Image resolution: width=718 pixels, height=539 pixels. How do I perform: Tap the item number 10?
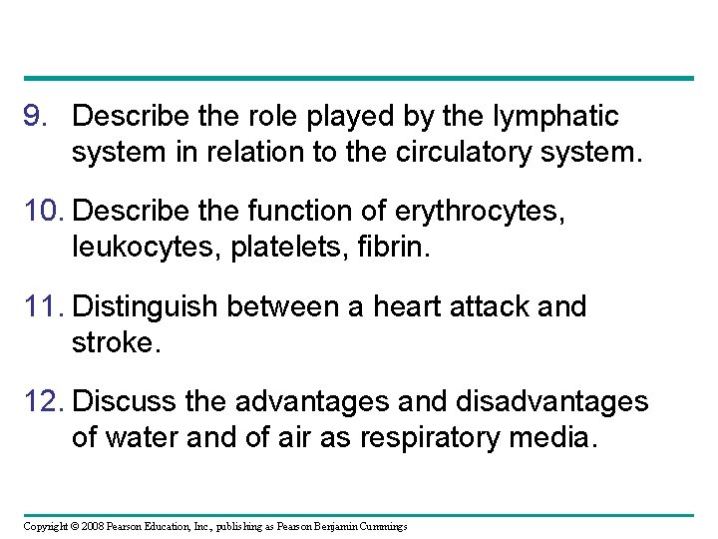tap(43, 213)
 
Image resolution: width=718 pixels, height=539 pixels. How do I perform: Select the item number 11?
tap(43, 307)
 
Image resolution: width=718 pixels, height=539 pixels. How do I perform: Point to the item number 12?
tap(43, 402)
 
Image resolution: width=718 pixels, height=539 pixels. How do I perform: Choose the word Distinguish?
tap(147, 307)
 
